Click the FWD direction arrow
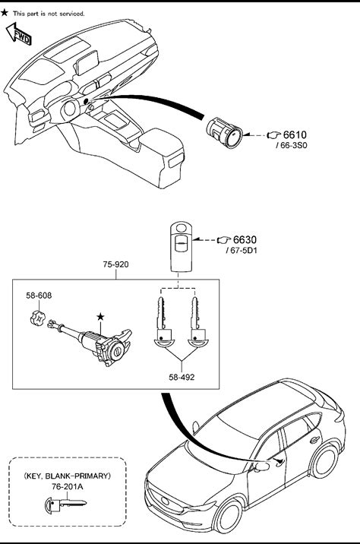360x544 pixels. point(19,34)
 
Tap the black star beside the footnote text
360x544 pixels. point(4,13)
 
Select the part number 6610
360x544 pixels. point(295,134)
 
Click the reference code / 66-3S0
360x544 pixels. point(292,145)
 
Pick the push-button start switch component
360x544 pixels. point(224,132)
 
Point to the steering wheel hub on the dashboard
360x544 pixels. point(70,109)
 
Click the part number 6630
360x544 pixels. point(245,240)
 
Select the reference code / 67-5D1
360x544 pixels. point(242,250)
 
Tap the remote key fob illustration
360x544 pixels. point(180,247)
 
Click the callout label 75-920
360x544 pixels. point(115,264)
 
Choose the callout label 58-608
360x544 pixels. point(39,296)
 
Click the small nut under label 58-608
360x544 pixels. point(36,318)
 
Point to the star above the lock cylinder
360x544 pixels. point(100,316)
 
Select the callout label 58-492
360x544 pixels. point(182,377)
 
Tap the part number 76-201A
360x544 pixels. point(68,487)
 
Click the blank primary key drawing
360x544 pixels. point(65,504)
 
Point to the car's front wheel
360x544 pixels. point(229,517)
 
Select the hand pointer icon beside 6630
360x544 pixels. point(224,240)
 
